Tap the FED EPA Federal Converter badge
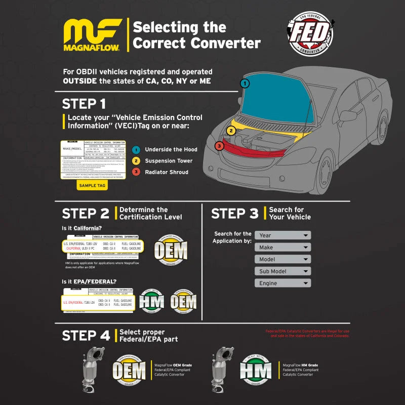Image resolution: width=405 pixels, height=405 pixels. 310,34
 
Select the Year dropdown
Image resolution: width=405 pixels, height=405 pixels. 282,235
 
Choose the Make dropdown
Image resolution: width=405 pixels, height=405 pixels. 282,248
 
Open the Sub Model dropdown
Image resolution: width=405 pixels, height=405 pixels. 282,271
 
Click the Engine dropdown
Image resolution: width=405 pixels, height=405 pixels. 282,283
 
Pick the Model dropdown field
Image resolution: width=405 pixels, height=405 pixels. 282,259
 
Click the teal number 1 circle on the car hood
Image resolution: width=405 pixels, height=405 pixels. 245,84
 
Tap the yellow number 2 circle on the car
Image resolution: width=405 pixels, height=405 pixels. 231,131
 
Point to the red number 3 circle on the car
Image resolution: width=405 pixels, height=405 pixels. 219,146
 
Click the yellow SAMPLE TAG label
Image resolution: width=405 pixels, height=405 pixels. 92,186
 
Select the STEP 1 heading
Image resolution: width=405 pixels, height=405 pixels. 84,104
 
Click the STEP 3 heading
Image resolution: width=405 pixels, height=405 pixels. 234,214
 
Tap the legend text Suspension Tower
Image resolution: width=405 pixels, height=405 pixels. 169,161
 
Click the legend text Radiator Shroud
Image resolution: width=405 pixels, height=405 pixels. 166,172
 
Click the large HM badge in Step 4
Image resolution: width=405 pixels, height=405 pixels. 255,370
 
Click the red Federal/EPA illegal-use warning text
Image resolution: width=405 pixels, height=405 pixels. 307,334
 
